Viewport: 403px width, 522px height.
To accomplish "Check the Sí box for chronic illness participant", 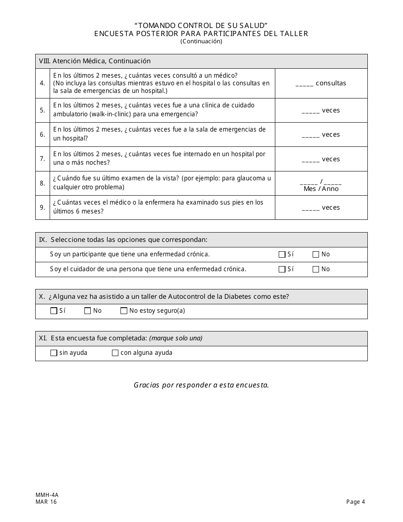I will point(282,255).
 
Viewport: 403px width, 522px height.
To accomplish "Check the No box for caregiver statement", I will point(316,269).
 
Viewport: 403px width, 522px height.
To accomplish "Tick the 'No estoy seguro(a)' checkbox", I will point(124,311).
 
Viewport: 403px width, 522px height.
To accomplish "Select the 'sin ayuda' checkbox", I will point(54,353).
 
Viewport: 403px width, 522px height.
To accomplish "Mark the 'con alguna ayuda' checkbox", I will point(115,353).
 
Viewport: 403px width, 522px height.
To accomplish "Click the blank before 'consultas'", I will point(304,84).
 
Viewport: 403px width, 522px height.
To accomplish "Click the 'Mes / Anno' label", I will point(321,189).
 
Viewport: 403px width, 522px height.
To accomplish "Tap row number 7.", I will point(42,159).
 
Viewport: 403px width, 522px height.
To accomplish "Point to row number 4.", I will point(42,83).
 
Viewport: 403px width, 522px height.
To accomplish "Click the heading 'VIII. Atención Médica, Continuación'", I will point(95,61).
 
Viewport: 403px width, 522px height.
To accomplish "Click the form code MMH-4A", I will point(47,495).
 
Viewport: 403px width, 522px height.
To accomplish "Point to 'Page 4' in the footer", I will point(355,502).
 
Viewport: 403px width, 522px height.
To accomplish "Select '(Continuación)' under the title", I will point(201,41).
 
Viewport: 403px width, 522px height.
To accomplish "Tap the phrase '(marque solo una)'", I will point(176,338).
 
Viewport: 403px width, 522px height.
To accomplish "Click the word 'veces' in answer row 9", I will point(331,208).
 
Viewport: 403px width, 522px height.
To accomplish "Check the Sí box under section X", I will point(54,311).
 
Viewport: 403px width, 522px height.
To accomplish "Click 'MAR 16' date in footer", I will point(46,502).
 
